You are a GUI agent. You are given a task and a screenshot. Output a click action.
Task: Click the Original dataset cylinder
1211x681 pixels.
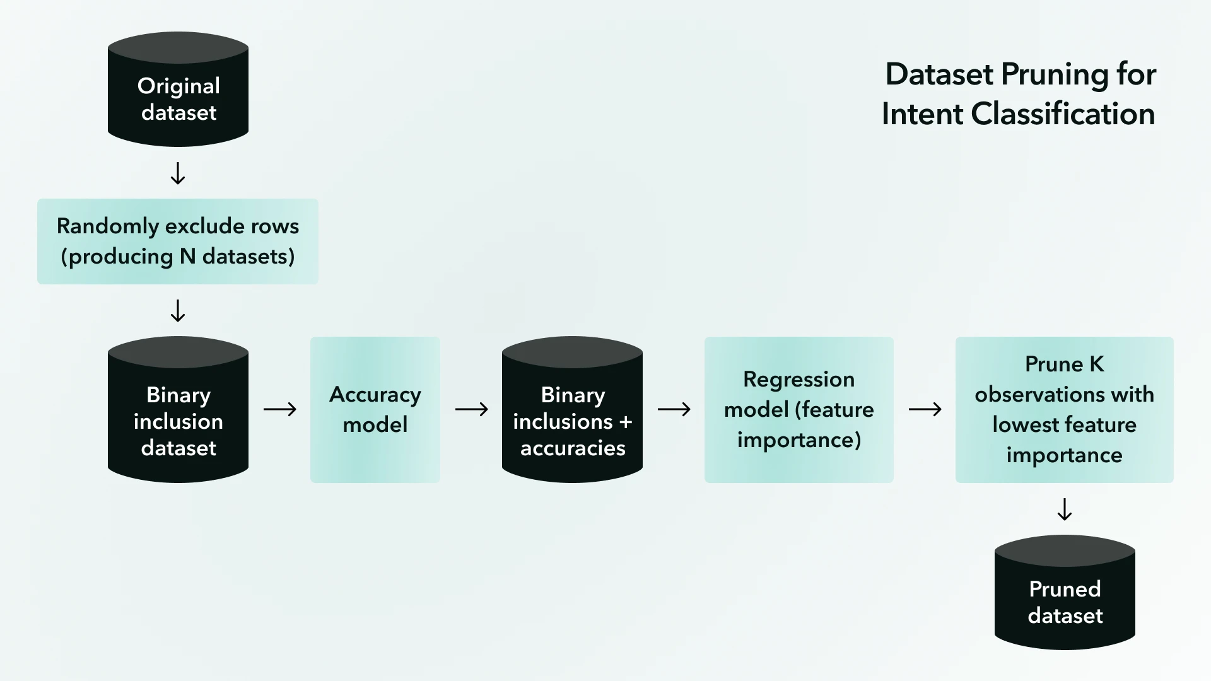(178, 90)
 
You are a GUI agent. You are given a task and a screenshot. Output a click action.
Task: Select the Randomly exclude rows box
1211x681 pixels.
(178, 242)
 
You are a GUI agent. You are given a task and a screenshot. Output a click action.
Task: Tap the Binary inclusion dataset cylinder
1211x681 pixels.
(178, 410)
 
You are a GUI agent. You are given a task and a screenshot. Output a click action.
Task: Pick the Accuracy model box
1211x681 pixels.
(375, 410)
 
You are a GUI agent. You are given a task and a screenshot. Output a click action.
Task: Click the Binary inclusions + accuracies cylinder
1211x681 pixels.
(572, 410)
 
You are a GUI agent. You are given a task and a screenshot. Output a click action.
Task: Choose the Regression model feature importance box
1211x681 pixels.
(799, 410)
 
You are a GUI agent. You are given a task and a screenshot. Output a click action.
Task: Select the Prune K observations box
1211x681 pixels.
(1064, 410)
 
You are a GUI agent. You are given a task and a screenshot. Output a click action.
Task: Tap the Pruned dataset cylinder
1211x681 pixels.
(1065, 593)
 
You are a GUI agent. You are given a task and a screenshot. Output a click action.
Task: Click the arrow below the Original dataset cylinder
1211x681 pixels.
(178, 173)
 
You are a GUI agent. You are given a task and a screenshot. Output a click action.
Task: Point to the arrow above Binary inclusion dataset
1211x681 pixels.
(178, 311)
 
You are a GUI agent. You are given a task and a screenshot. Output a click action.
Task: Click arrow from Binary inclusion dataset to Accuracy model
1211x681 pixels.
(280, 410)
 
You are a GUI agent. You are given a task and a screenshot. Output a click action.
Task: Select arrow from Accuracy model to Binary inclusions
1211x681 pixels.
(472, 410)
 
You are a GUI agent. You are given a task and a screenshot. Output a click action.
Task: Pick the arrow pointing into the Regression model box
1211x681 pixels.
(674, 410)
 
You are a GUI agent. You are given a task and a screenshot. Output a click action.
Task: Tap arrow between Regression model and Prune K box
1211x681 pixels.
(925, 410)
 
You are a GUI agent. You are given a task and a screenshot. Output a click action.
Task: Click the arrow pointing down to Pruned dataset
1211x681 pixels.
(1065, 509)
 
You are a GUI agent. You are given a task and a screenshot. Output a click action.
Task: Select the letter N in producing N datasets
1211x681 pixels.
(187, 257)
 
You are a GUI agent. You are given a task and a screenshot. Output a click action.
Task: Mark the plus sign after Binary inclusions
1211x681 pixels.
(625, 422)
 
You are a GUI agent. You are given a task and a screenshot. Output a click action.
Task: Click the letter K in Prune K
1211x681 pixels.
(1097, 364)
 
